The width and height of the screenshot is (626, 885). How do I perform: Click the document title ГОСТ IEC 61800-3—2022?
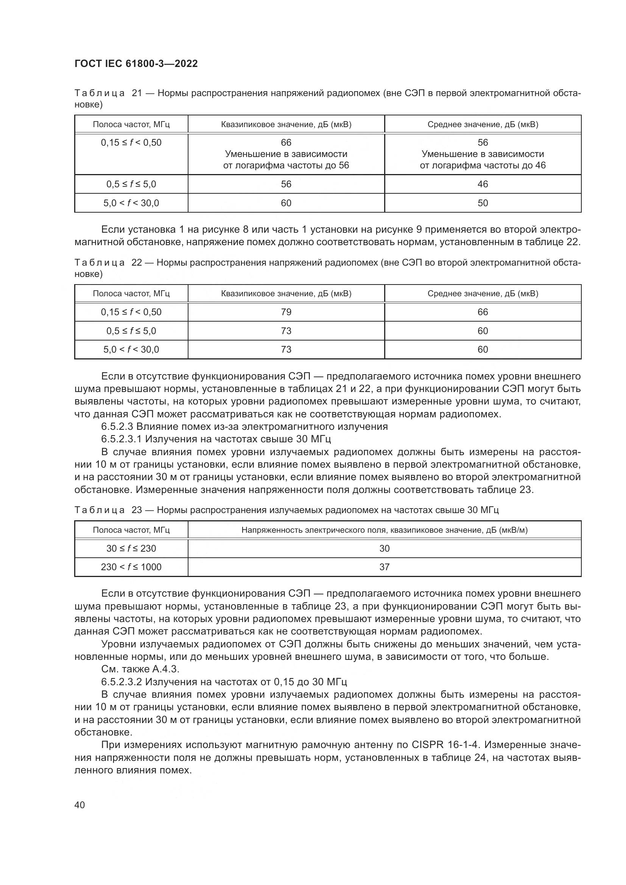136,64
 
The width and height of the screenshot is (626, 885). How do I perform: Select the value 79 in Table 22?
286,312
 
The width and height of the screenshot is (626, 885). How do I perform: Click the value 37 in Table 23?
384,567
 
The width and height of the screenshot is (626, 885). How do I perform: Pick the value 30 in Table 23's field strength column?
384,548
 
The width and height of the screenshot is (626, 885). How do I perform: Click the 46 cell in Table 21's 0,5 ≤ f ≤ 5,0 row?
483,184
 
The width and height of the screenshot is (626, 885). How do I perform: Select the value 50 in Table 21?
483,203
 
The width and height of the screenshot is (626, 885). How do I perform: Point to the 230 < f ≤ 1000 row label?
131,567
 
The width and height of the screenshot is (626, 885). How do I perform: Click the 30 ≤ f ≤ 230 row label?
131,548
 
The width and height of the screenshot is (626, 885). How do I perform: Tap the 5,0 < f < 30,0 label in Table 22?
131,349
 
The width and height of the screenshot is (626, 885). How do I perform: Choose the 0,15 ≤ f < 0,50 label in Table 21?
131,143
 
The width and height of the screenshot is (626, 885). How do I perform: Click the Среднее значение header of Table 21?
483,124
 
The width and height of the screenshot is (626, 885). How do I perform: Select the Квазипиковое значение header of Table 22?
286,293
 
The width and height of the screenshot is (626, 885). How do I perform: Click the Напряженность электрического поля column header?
384,530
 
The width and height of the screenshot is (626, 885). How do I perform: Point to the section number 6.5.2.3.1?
121,439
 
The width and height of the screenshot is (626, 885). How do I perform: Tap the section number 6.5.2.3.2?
121,682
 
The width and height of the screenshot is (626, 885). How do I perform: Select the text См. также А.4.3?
140,669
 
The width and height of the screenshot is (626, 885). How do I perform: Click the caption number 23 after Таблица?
137,510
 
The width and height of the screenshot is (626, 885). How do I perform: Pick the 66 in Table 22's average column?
483,312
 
